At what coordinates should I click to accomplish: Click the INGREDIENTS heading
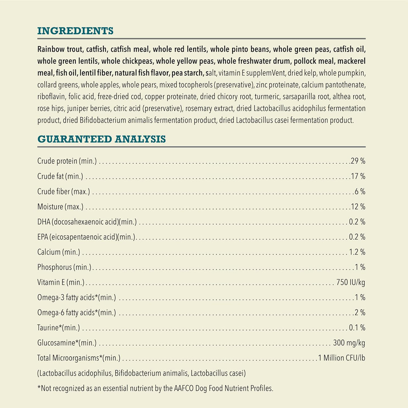click(x=75, y=31)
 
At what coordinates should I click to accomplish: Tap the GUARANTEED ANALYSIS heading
click(x=101, y=139)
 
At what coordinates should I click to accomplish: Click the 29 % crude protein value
click(x=358, y=161)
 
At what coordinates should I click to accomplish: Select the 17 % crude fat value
click(x=358, y=176)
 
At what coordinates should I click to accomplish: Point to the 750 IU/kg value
click(x=351, y=282)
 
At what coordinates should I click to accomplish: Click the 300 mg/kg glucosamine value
click(x=349, y=343)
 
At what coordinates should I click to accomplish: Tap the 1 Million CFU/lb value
click(x=341, y=358)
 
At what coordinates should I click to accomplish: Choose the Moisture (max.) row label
click(x=60, y=207)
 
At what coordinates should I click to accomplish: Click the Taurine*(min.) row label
click(x=59, y=328)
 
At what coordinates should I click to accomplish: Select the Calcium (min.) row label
click(x=59, y=252)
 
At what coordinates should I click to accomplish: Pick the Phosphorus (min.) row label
click(x=64, y=267)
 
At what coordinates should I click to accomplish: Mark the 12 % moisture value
click(x=358, y=207)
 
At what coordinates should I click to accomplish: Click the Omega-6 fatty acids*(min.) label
click(x=77, y=312)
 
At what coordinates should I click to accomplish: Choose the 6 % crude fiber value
click(x=360, y=191)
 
